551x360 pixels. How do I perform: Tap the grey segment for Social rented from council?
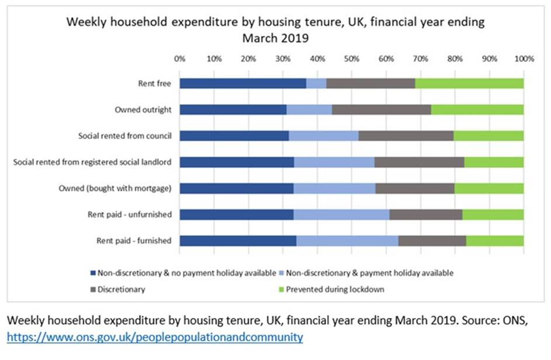(406, 136)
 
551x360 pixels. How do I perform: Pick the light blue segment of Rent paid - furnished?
(347, 241)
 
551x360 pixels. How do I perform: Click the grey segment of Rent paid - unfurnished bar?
(425, 214)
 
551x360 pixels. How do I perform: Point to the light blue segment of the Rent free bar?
(316, 84)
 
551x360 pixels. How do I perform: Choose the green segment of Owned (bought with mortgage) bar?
(488, 188)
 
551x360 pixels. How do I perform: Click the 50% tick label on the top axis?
(351, 59)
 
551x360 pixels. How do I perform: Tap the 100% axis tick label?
(524, 59)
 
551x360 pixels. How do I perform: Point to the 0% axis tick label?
(180, 59)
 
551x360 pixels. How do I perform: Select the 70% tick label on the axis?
(420, 59)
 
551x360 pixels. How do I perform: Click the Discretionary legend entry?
(122, 289)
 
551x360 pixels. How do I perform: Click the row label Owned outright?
(143, 110)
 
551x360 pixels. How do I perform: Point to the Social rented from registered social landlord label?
(92, 162)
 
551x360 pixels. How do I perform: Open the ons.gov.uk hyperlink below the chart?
(155, 337)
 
